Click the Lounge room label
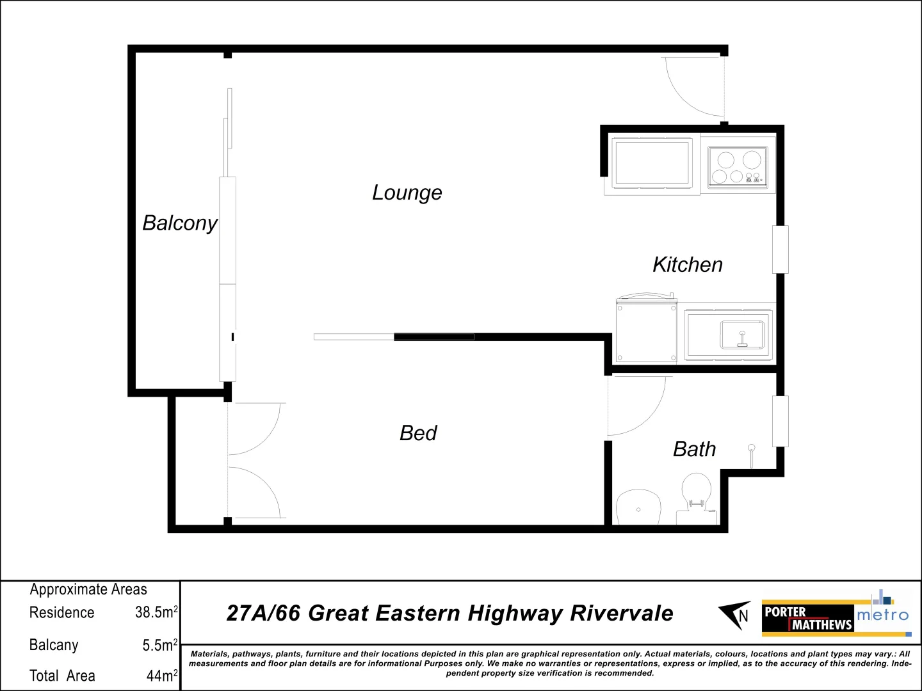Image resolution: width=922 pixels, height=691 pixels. coord(407,193)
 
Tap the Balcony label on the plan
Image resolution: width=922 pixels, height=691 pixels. coord(180,223)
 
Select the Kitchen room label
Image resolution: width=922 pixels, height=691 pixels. coord(688,264)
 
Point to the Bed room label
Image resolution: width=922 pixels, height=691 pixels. coord(418,433)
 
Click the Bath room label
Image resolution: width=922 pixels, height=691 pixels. coord(694,449)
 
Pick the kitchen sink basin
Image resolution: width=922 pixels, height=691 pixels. coord(742,335)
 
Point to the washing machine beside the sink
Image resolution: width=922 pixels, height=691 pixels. coord(646,331)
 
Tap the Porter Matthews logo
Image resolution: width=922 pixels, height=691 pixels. coord(808,618)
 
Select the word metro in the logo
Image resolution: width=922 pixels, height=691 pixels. coord(882,615)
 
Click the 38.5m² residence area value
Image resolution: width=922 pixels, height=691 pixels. coord(156,612)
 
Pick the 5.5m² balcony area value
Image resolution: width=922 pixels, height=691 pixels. coord(159,645)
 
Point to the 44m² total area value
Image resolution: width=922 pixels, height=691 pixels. coord(161,676)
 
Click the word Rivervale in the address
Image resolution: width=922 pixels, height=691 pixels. coord(621,613)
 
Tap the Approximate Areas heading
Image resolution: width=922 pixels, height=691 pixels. coord(88,589)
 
